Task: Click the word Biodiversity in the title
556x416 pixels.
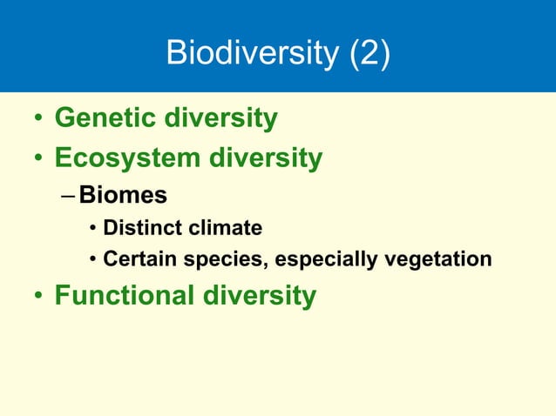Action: (x=251, y=54)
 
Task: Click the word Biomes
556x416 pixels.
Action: (x=123, y=196)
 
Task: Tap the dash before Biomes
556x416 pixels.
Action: (x=69, y=196)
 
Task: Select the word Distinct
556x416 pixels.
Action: (x=139, y=229)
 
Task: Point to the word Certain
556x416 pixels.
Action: (x=136, y=259)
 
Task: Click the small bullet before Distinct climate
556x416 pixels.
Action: (x=92, y=230)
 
